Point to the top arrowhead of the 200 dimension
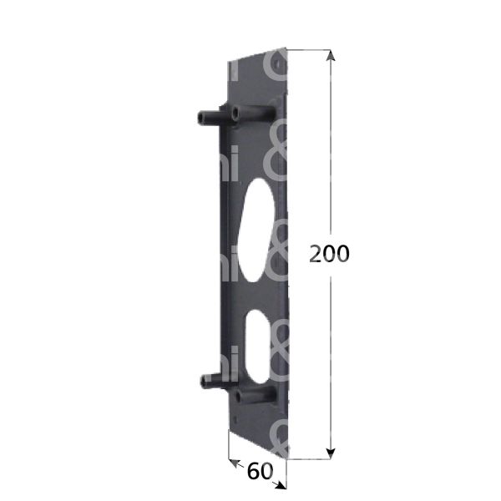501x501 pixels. coord(331,55)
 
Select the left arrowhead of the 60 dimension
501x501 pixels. coord(231,460)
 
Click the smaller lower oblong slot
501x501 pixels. coord(258,338)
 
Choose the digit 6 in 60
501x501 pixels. coord(253,471)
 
